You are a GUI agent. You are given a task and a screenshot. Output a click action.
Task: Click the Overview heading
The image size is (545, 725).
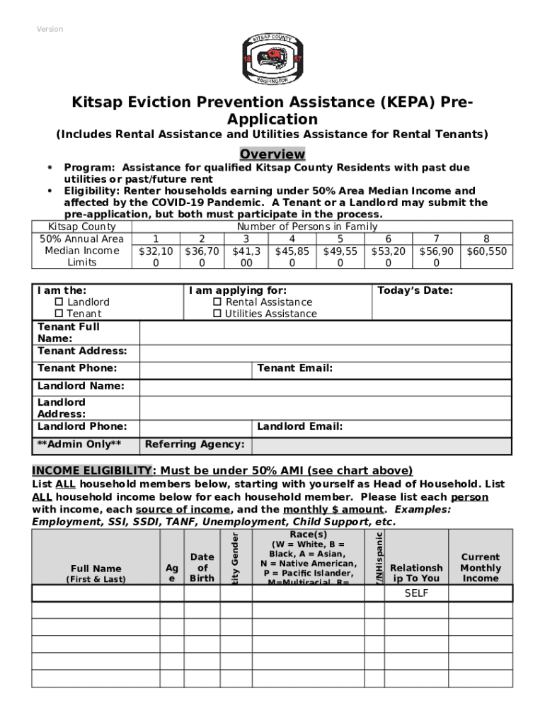[x=272, y=154]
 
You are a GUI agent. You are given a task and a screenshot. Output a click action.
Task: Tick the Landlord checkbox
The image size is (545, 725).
[x=59, y=302]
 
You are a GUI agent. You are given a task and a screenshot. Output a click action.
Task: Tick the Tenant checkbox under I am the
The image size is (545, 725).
[x=59, y=314]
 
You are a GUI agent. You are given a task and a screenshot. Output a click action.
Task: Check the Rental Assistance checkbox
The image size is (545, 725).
[x=217, y=302]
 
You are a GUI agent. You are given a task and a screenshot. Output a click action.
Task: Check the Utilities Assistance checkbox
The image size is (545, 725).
[x=217, y=314]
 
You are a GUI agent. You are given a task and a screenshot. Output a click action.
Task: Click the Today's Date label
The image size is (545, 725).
[x=415, y=290]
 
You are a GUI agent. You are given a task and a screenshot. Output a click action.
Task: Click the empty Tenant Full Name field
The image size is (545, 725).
[x=325, y=333]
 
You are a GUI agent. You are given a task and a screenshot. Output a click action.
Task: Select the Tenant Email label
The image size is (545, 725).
[x=294, y=368]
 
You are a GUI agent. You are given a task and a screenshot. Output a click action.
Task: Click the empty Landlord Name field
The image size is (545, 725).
[x=325, y=387]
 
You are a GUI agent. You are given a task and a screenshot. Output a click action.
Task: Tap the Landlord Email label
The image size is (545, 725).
[x=299, y=426]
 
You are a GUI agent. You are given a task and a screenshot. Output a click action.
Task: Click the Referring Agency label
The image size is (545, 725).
[x=195, y=445]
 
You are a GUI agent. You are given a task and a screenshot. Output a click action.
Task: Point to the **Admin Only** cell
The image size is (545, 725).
[x=79, y=445]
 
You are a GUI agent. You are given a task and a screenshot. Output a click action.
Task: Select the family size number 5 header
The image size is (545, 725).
[x=340, y=239]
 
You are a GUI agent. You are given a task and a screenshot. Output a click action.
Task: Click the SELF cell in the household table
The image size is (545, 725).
[x=416, y=593]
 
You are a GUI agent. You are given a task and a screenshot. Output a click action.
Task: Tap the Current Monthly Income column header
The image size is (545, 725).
[x=480, y=568]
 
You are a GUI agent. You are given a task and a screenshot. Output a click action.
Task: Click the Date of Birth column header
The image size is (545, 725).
[x=202, y=568]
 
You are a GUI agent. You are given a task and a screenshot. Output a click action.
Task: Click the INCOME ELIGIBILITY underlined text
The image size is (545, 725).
[x=91, y=471]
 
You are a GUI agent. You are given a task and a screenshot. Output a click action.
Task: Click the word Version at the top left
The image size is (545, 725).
[x=50, y=29]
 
